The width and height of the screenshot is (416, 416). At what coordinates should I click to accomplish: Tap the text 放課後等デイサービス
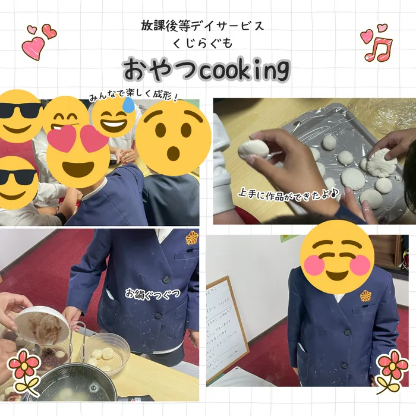(x=202, y=26)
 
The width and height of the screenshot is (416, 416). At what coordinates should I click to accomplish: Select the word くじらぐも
(x=202, y=43)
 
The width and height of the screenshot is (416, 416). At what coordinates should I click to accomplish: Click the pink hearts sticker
(x=38, y=40)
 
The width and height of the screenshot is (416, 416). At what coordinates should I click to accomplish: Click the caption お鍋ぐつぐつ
(x=153, y=294)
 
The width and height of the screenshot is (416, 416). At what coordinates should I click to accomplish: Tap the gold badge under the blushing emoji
(x=365, y=295)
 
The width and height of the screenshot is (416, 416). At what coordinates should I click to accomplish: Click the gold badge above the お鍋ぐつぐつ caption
(x=191, y=238)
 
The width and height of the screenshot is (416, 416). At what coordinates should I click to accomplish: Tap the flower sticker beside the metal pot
(x=24, y=368)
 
